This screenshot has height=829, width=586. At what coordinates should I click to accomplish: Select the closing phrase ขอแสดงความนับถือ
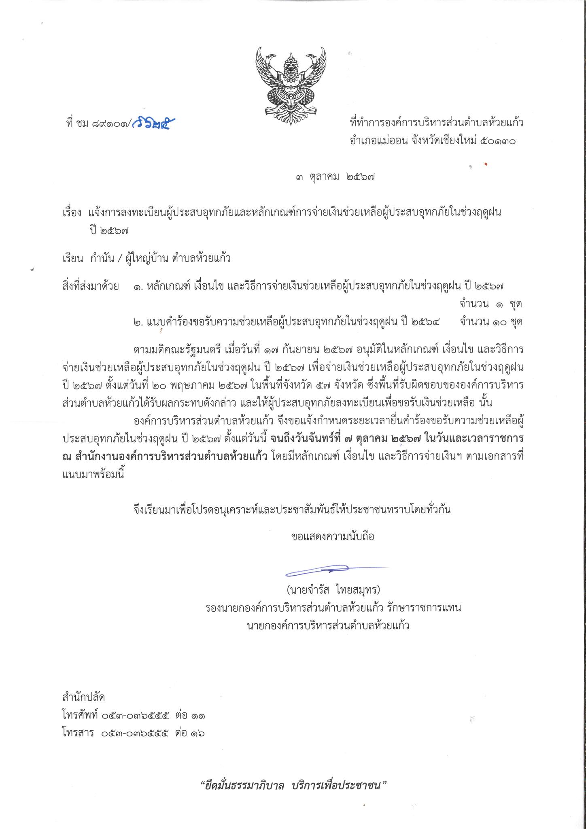[333, 537]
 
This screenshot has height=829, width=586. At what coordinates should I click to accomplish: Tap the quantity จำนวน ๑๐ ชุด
[491, 322]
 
